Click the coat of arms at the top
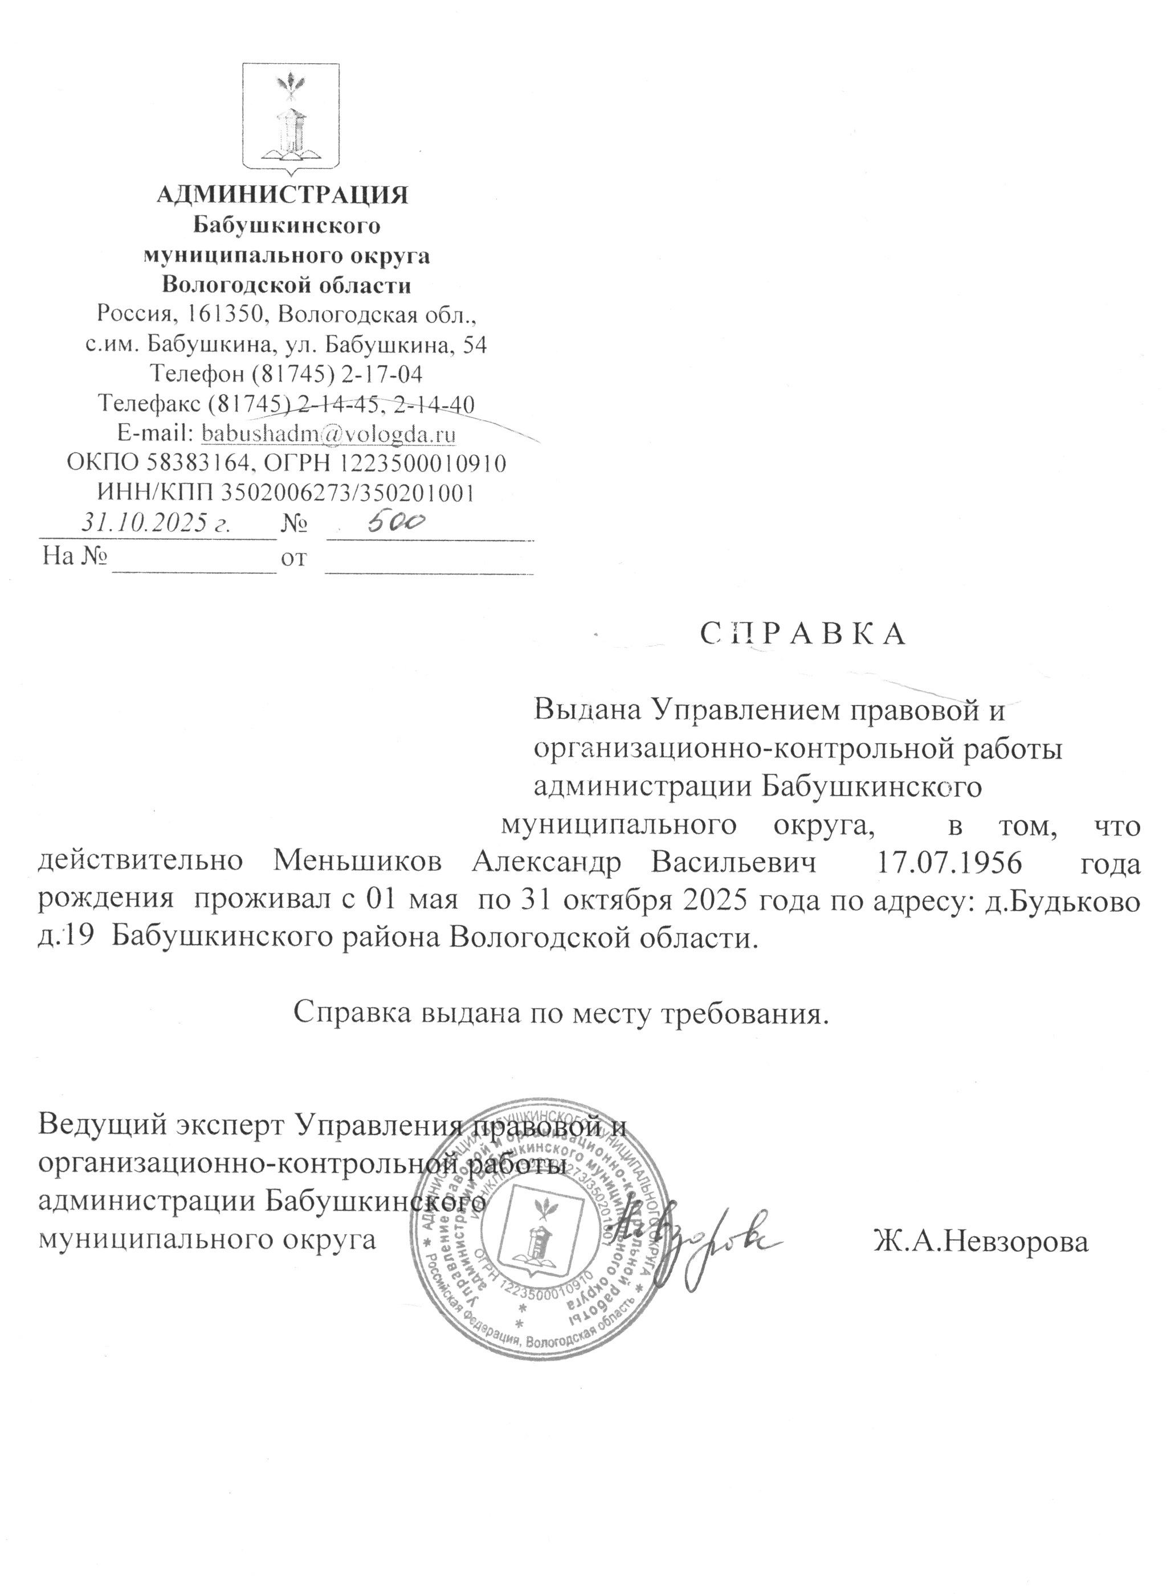(x=291, y=118)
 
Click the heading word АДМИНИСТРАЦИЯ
(x=282, y=194)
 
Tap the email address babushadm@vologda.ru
(x=329, y=433)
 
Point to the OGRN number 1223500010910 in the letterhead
(x=423, y=464)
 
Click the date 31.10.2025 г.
(x=157, y=523)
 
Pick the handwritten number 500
(x=395, y=523)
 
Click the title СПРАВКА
(x=803, y=634)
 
